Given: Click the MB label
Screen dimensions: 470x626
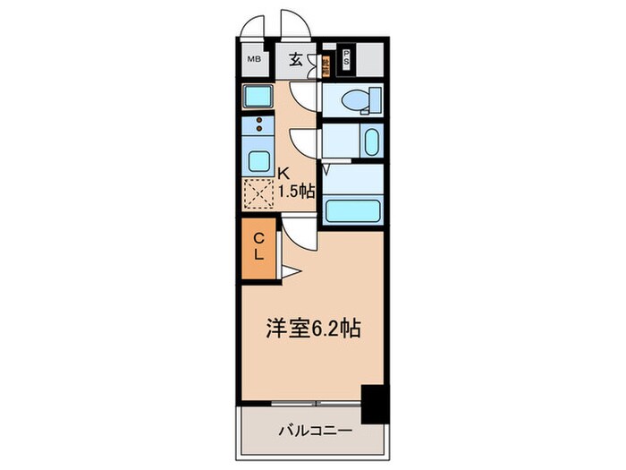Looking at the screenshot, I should pos(254,60).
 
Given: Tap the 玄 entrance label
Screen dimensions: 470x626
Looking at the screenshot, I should pos(294,60).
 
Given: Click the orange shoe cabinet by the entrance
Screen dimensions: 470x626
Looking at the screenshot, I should pos(326,64).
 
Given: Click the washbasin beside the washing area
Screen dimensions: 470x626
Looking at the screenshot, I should pos(371,141).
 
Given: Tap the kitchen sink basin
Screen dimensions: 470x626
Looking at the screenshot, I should pos(259,163).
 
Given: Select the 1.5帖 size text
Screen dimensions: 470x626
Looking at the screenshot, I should pos(295,190).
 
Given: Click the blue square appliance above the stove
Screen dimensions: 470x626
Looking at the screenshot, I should pos(258,96).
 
